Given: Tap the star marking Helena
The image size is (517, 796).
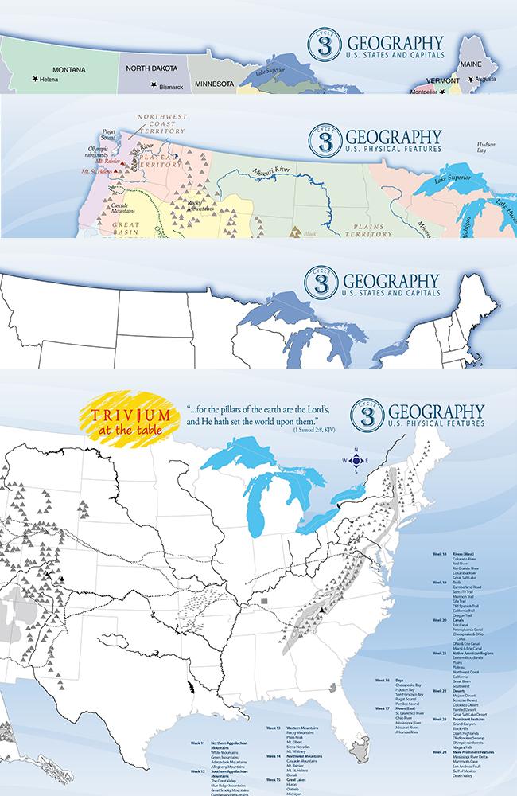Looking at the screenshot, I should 35,80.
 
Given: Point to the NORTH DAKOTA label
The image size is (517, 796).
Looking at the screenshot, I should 156,68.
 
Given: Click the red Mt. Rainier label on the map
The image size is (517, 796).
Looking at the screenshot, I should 95,160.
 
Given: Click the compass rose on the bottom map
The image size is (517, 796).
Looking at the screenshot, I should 356,461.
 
